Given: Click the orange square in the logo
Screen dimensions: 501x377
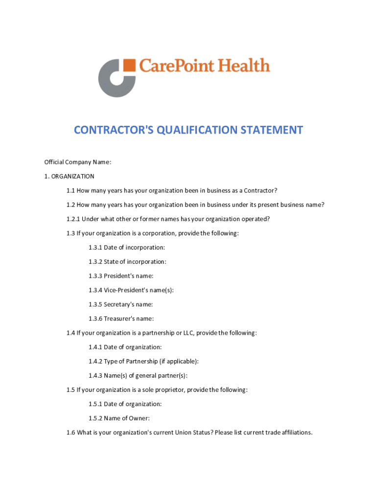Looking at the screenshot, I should point(129,66).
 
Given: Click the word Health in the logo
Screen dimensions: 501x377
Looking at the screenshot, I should point(244,65).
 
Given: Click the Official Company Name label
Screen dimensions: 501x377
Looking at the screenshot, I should point(78,162).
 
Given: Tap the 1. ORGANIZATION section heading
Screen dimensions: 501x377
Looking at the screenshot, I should point(69,176).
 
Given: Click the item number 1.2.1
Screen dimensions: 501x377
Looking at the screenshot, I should point(73,219).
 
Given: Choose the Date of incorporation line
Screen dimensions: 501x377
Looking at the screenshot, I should point(127,248).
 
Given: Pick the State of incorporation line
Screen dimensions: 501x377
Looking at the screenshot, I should point(127,262).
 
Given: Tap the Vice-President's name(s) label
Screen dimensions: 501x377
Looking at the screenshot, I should point(131,290).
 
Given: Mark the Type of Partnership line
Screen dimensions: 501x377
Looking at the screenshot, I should point(143,361).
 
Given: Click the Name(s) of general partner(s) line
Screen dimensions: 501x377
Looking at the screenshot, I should point(138,375).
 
